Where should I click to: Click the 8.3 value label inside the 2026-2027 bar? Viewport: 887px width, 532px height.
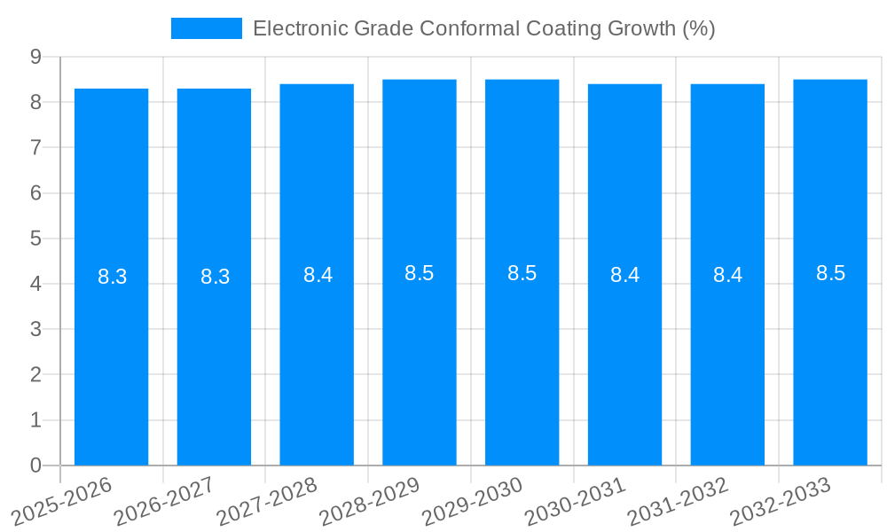point(215,277)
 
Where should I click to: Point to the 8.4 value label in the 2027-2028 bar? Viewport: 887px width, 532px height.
point(318,275)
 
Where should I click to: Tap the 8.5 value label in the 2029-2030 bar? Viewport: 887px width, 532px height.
point(522,273)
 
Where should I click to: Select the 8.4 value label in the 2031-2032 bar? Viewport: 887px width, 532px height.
point(727,275)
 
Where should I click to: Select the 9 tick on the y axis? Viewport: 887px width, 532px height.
point(35,57)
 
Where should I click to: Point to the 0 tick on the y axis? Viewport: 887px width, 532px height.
point(35,465)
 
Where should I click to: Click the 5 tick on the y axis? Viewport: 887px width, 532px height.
point(35,239)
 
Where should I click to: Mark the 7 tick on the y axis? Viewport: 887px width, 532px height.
point(35,147)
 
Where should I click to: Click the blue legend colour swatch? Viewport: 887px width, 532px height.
point(206,28)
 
